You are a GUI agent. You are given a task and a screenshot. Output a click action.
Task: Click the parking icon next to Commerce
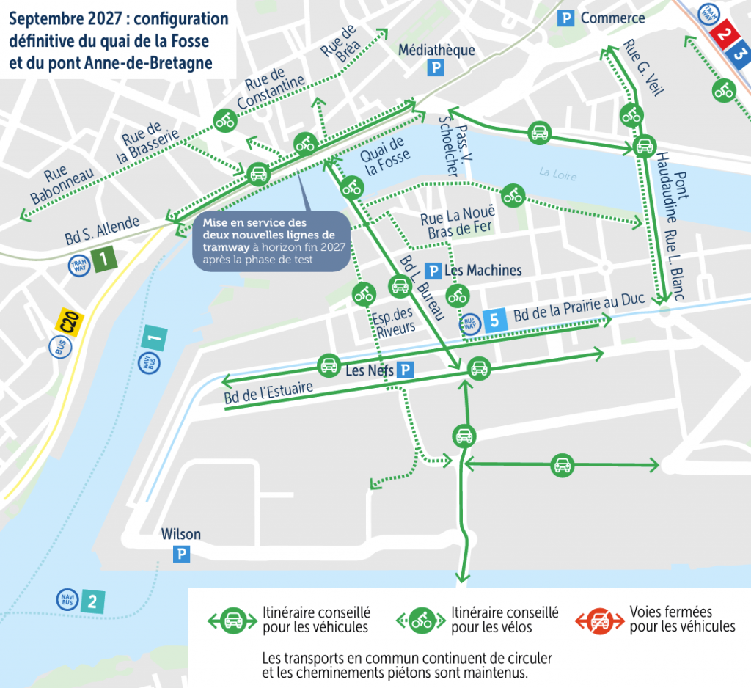(x=565, y=19)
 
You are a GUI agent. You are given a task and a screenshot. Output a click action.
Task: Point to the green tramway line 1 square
(x=105, y=257)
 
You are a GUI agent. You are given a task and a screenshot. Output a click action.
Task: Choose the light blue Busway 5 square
(x=494, y=320)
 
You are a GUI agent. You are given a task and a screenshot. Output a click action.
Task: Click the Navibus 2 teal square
(x=92, y=602)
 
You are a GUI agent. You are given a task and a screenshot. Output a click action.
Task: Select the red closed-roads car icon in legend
(x=600, y=621)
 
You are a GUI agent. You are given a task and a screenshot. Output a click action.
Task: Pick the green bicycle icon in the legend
(x=422, y=621)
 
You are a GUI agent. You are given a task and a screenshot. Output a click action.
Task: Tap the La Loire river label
(x=557, y=174)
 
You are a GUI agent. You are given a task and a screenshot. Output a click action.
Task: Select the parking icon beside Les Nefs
(x=404, y=371)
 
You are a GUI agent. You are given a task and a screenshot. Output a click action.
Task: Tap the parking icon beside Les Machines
(x=433, y=271)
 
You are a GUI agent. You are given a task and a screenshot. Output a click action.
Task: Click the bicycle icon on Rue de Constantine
(x=224, y=120)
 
